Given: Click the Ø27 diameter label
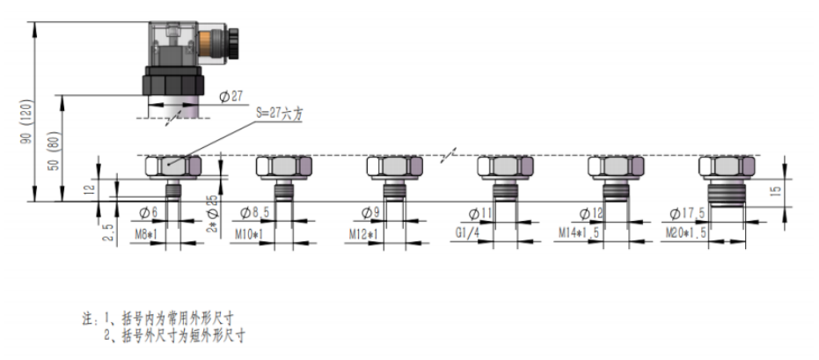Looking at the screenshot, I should (x=230, y=97).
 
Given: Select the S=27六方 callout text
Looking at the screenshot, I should (x=284, y=114).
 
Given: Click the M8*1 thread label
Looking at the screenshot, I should (x=145, y=234).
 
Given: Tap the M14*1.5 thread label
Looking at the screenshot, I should (x=581, y=234).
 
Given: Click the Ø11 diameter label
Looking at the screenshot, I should (x=481, y=213).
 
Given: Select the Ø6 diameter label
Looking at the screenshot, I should (x=149, y=213).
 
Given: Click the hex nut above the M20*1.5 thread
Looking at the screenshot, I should (x=727, y=166).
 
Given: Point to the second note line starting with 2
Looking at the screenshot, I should (x=173, y=334).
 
